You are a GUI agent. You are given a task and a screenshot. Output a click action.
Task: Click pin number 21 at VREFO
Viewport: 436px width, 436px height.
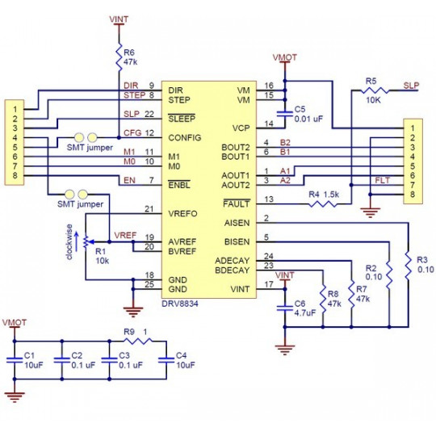[x=148, y=210]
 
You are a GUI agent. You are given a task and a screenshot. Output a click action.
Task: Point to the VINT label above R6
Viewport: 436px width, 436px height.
[x=119, y=15]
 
